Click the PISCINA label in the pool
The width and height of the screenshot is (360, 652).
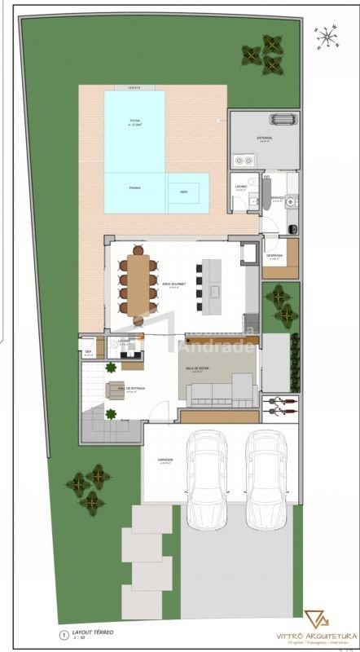(x=134, y=121)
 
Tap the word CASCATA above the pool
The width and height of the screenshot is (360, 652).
(x=134, y=87)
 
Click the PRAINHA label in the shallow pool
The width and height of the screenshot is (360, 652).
(x=134, y=187)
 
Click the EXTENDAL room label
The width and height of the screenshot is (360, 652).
(x=265, y=139)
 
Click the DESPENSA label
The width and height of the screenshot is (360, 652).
(x=274, y=256)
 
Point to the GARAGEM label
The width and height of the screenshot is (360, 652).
(x=166, y=460)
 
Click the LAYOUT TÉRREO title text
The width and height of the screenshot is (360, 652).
(x=93, y=632)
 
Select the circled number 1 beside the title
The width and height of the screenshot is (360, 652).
(x=64, y=632)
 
